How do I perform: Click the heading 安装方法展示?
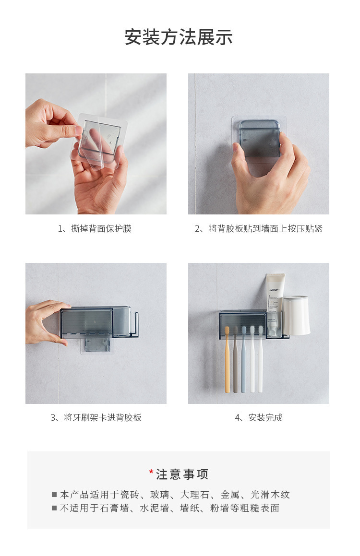(x=179, y=37)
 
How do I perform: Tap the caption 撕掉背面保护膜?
(x=101, y=229)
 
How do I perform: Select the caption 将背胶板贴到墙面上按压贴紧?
(x=265, y=229)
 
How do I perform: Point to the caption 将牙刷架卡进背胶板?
(x=103, y=418)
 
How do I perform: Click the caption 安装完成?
(x=265, y=418)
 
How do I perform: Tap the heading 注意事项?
(x=182, y=474)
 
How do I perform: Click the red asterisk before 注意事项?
(x=151, y=472)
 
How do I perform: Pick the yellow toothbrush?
(x=228, y=360)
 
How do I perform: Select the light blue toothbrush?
(x=244, y=360)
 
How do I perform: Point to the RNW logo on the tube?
(x=274, y=290)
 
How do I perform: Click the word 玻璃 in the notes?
(x=160, y=495)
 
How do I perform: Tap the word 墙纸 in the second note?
(x=190, y=508)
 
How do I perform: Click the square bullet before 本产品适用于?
(x=54, y=495)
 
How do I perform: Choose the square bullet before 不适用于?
(x=54, y=508)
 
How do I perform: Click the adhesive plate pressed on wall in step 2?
(x=259, y=138)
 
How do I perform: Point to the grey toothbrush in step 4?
(x=236, y=360)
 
